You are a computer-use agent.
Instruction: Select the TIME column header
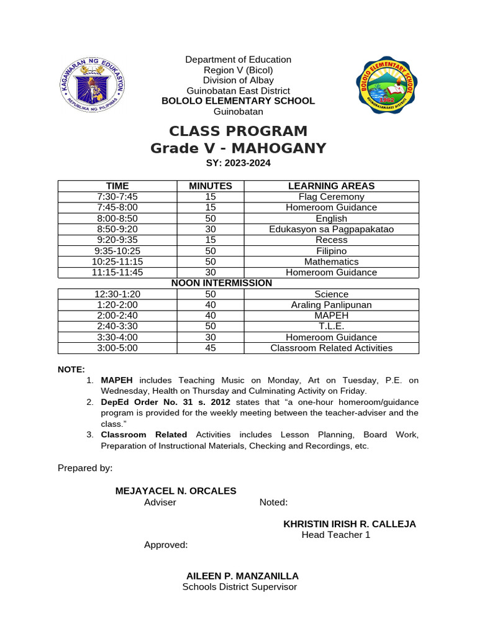point(117,186)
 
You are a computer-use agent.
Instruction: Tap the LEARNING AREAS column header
point(331,186)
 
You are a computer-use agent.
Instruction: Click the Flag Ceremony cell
point(331,197)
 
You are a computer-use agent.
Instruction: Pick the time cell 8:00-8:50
point(117,219)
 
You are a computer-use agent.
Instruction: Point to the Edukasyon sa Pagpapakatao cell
point(331,229)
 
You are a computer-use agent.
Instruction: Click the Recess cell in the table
point(331,240)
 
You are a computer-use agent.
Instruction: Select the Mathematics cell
point(331,261)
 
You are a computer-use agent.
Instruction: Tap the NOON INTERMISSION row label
point(222,283)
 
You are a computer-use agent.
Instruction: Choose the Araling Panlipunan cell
point(331,305)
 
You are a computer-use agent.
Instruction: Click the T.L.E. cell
point(331,327)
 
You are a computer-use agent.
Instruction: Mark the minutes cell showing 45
point(211,348)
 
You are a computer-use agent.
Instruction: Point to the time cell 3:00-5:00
point(117,348)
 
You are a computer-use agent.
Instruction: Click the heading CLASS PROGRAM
point(238,132)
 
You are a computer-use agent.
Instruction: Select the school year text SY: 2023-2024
point(238,163)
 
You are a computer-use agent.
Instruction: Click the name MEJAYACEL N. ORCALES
point(176,491)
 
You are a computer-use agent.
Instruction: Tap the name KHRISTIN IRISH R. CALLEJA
point(350,524)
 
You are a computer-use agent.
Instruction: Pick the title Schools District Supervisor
point(239,587)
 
